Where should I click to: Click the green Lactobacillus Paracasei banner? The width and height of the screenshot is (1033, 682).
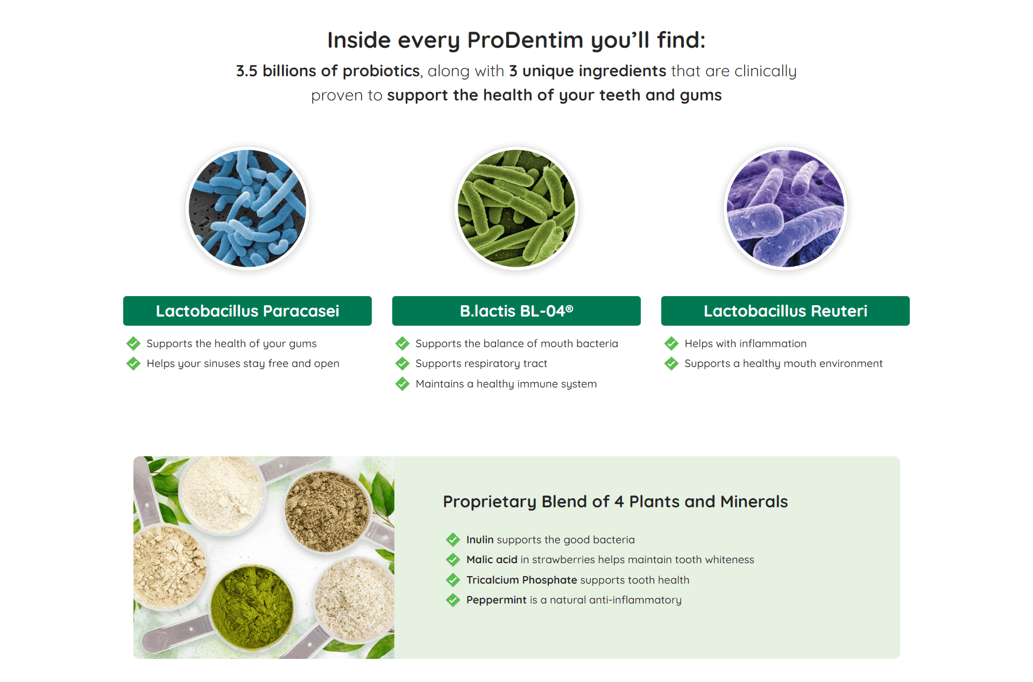click(x=247, y=311)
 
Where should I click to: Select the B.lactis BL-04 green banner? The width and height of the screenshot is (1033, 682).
click(x=516, y=311)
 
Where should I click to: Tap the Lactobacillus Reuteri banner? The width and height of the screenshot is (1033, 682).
click(x=786, y=311)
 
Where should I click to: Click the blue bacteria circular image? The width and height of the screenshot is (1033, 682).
click(x=247, y=209)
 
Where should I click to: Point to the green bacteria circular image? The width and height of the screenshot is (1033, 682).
click(x=516, y=209)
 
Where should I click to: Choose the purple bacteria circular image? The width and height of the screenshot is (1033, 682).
click(x=786, y=209)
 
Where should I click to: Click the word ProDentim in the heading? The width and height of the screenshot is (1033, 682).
click(x=525, y=40)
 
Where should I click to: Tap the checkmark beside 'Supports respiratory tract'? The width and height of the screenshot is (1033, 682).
click(x=402, y=364)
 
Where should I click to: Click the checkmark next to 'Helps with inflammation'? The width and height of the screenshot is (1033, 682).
click(x=671, y=343)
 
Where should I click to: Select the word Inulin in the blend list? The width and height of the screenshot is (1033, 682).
click(x=480, y=540)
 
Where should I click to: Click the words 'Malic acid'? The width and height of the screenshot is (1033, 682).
click(x=492, y=559)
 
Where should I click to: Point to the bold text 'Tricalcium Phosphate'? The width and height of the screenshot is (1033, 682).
click(x=522, y=580)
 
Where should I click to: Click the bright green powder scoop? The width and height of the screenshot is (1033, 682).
click(x=251, y=607)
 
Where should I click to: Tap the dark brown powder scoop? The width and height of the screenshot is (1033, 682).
click(x=327, y=511)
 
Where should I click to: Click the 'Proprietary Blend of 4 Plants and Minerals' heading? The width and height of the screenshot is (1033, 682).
click(x=615, y=501)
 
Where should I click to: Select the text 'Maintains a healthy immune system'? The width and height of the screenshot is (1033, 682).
click(x=506, y=384)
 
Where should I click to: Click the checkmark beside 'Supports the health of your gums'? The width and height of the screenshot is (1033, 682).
click(x=133, y=343)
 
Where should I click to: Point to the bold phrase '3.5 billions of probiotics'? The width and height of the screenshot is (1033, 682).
click(x=328, y=71)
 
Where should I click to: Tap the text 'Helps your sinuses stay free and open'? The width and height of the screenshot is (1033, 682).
click(x=243, y=364)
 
